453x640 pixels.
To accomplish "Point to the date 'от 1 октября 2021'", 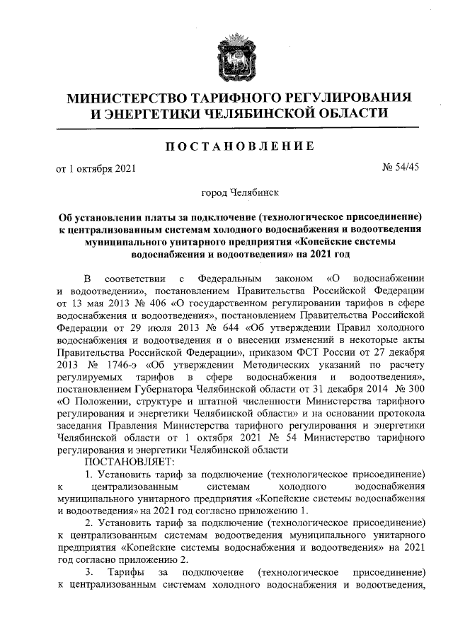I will click(95, 168).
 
